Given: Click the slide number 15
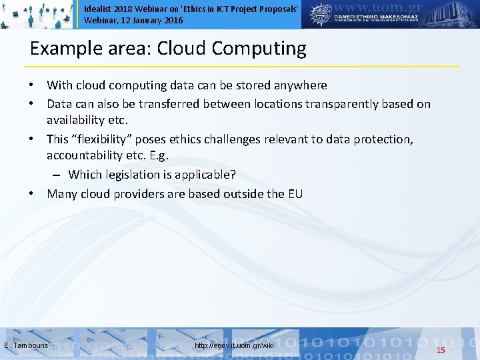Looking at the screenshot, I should [440, 350].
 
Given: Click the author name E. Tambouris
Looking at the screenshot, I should [26, 345].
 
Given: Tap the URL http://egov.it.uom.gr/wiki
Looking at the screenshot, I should [234, 345].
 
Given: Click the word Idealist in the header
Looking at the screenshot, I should [97, 9].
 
